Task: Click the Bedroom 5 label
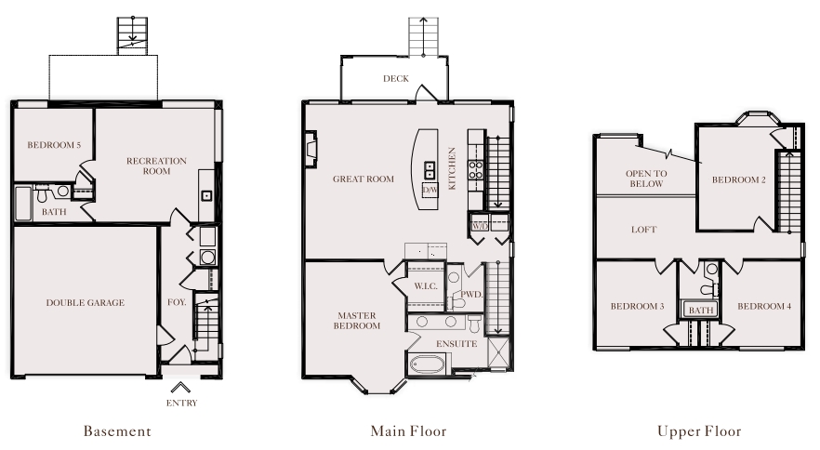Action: pos(54,145)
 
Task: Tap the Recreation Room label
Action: pos(156,165)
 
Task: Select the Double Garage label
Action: pos(86,302)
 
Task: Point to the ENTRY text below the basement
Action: pos(181,403)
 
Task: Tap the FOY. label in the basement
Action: pos(177,302)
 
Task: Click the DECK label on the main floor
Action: pos(396,78)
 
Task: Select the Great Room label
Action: pos(364,179)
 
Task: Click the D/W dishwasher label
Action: pos(430,190)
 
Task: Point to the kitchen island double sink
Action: pos(430,170)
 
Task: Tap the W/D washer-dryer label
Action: pos(480,226)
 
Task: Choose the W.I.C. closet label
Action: pos(426,286)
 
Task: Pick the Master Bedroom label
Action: pos(357,320)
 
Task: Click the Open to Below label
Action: pos(646,179)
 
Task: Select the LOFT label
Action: pos(643,230)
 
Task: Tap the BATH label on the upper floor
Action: pos(701,311)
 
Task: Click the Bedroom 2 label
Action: pos(739,179)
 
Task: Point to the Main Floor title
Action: pos(408,431)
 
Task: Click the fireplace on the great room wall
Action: pos(311,149)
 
